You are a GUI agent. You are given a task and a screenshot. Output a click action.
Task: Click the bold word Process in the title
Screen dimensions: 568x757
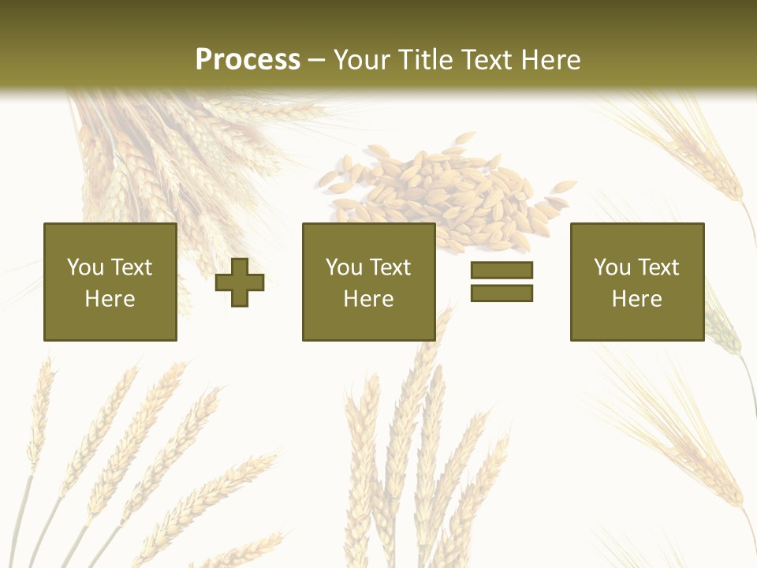point(248,60)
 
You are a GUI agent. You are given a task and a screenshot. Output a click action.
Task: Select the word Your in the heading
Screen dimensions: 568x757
point(362,60)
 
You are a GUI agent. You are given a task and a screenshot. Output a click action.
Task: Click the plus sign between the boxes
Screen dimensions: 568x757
point(240,282)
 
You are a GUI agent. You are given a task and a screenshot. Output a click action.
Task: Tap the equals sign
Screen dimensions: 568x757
point(502,282)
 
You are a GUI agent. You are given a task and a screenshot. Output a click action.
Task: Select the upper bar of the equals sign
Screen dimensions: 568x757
point(502,270)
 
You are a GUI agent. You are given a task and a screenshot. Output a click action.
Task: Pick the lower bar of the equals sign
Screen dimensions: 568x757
point(502,293)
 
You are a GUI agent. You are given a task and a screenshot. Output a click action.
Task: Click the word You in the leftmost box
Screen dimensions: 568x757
point(85,267)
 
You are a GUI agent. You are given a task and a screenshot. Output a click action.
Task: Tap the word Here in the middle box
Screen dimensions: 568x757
point(368,299)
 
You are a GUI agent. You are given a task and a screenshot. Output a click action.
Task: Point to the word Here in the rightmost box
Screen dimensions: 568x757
point(636,299)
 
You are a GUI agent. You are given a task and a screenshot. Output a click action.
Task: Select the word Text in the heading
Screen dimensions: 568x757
point(483,60)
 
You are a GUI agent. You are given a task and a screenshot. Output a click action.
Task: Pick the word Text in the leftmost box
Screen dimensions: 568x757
point(131,267)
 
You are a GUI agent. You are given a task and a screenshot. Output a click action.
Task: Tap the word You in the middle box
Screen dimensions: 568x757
point(344,267)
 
